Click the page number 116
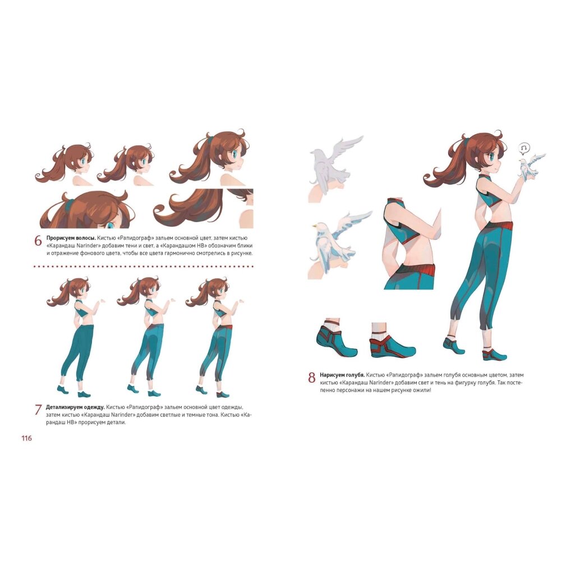pyautogui.click(x=26, y=438)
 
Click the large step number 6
pyautogui.click(x=38, y=241)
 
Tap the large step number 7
pyautogui.click(x=38, y=410)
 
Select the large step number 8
pyautogui.click(x=312, y=378)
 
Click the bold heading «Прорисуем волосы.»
pyautogui.click(x=71, y=238)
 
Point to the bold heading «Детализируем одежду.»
pyautogui.click(x=75, y=407)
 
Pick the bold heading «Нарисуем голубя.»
pyautogui.click(x=342, y=375)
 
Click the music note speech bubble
pyautogui.click(x=524, y=149)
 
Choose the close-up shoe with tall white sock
pyautogui.click(x=391, y=341)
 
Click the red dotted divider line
pyautogui.click(x=144, y=266)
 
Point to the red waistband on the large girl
pyautogui.click(x=499, y=226)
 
